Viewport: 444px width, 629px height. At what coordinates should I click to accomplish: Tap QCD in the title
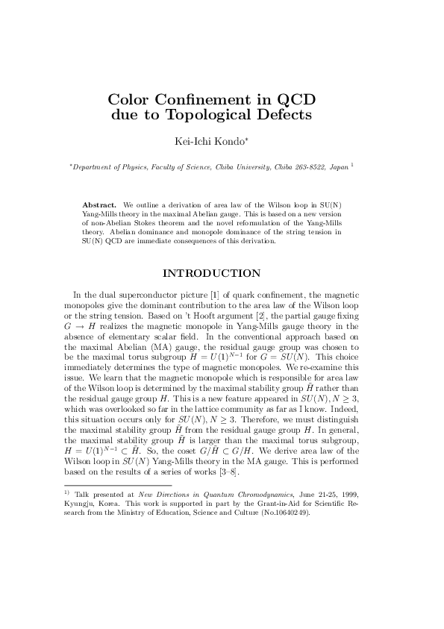coord(295,99)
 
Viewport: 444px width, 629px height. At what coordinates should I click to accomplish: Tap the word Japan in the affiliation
coord(337,168)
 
